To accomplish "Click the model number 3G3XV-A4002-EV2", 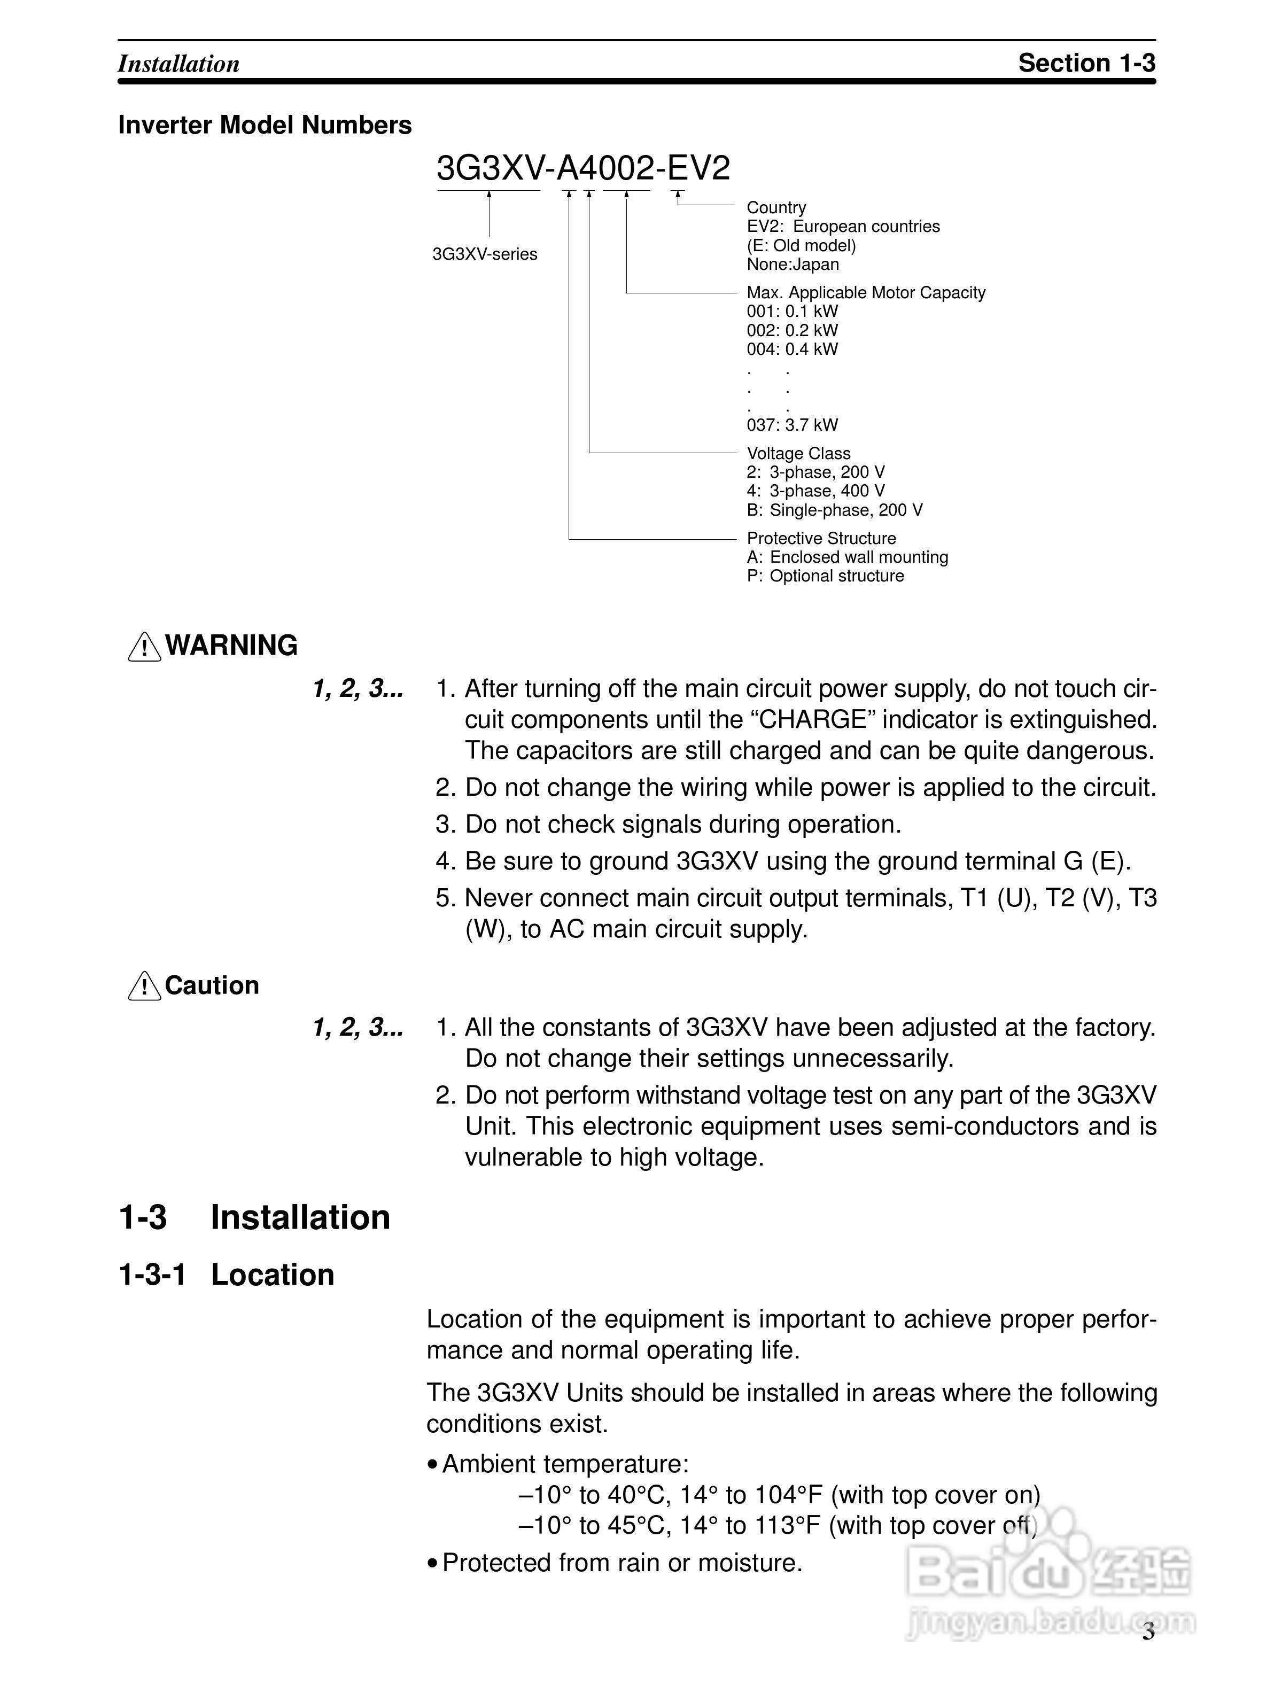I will (x=583, y=168).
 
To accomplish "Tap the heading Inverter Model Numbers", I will (x=265, y=125).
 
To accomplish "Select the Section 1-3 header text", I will (x=1086, y=63).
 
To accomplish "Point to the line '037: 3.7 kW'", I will (x=792, y=425).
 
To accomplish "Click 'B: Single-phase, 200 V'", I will (x=834, y=510).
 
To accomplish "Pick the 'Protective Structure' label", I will (x=821, y=538).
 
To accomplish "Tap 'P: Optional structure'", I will (x=825, y=576).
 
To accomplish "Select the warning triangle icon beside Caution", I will (x=144, y=987).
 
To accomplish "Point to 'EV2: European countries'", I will (x=843, y=227).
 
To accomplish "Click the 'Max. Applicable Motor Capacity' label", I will (x=865, y=292).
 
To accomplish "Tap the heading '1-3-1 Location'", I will (x=227, y=1275).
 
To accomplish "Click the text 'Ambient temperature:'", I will (x=565, y=1463).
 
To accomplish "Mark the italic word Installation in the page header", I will (x=178, y=64).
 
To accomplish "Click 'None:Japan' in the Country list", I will (x=793, y=264).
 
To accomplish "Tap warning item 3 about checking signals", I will (x=668, y=824).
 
